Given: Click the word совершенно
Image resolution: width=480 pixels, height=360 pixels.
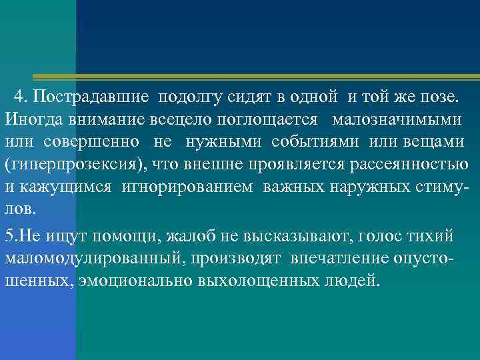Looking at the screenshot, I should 92,142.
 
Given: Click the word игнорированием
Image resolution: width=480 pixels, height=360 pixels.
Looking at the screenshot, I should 187,187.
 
